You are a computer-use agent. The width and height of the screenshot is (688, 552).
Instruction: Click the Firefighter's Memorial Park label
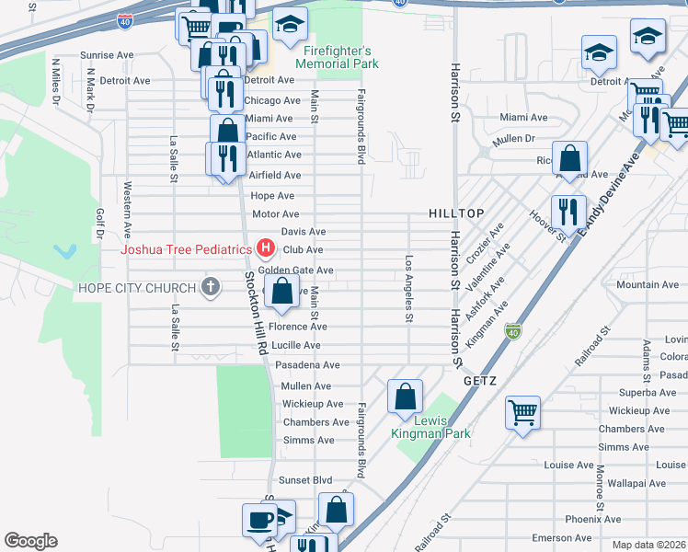(337, 57)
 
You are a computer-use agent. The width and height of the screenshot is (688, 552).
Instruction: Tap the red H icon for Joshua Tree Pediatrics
(266, 248)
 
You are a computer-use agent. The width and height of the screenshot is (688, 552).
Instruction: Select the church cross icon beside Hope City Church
(211, 288)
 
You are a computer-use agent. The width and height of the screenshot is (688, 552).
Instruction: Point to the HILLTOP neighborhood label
(456, 213)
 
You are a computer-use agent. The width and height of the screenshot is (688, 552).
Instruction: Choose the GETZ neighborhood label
(481, 379)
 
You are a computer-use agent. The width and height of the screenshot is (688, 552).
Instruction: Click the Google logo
(30, 541)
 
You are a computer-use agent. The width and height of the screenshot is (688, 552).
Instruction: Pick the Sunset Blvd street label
(305, 480)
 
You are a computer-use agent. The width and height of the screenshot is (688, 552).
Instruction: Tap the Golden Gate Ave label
(295, 270)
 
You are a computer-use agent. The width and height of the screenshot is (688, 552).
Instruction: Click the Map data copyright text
(649, 545)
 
